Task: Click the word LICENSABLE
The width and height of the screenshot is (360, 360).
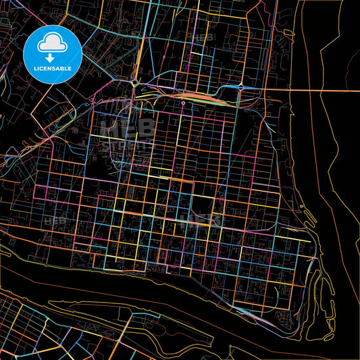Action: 53,68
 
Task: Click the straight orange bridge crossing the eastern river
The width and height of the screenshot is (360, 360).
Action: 324,90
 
